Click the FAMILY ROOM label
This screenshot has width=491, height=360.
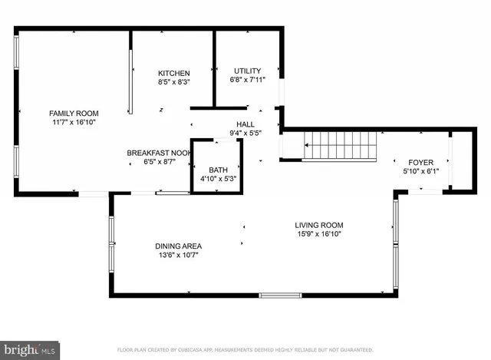pyautogui.click(x=74, y=113)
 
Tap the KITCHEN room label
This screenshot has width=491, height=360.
pyautogui.click(x=173, y=73)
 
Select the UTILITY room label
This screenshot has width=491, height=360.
pyautogui.click(x=247, y=71)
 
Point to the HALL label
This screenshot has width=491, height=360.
pyautogui.click(x=245, y=124)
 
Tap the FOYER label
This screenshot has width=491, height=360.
pyautogui.click(x=420, y=162)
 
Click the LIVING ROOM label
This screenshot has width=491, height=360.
pyautogui.click(x=318, y=226)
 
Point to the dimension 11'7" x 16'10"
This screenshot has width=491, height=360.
pyautogui.click(x=74, y=122)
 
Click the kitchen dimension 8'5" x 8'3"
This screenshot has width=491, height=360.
pyautogui.click(x=173, y=82)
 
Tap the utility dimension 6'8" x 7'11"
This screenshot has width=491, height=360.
pyautogui.click(x=247, y=80)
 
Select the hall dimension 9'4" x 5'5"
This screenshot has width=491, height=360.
pyautogui.click(x=245, y=133)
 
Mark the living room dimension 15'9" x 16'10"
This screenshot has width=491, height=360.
pyautogui.click(x=318, y=235)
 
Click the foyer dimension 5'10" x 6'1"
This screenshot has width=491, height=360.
pyautogui.click(x=420, y=171)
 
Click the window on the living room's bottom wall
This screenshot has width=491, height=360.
pyautogui.click(x=280, y=296)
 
